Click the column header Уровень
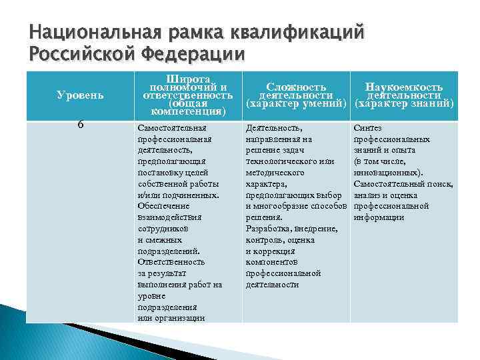(79, 95)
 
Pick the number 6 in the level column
(79, 125)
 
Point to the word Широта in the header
(188, 79)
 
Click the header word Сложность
(296, 87)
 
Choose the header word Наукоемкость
(403, 87)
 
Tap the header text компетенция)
(188, 112)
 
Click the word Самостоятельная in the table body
(171, 128)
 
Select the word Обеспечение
(162, 206)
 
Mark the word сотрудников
(162, 228)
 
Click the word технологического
(281, 161)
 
